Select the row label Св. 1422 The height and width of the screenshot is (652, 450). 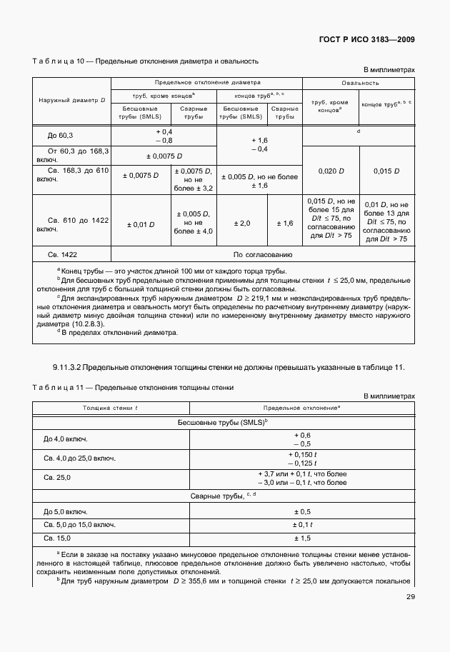point(62,254)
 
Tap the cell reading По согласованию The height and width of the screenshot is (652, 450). point(263,254)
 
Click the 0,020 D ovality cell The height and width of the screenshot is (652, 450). point(331,171)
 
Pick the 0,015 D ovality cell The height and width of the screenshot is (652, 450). point(386,171)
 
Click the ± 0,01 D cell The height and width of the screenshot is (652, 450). point(141,224)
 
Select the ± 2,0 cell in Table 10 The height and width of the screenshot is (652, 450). point(241,224)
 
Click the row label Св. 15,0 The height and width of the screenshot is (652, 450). point(58,538)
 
